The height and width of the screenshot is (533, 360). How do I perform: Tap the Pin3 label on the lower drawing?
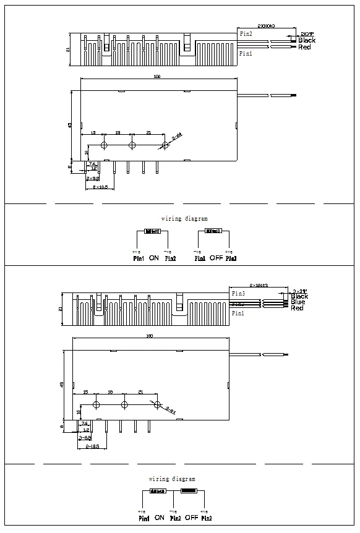tap(238, 292)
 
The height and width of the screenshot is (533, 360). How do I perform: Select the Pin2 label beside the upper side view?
tap(246, 35)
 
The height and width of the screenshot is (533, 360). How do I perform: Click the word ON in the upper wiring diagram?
tap(154, 257)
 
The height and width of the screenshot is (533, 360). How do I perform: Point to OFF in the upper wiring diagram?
tap(215, 257)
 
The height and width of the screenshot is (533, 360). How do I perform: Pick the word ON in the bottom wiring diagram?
tap(159, 517)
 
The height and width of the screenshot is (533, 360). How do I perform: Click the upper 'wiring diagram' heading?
tap(184, 218)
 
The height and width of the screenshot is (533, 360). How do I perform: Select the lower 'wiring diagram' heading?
tap(172, 479)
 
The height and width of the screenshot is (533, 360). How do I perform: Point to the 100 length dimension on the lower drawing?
tap(148, 336)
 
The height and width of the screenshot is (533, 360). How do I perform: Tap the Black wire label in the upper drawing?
tap(307, 40)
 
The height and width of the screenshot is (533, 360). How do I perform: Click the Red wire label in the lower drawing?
tap(297, 308)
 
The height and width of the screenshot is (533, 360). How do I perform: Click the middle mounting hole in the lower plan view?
tap(124, 404)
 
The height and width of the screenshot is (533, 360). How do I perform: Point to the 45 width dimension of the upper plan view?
tap(71, 125)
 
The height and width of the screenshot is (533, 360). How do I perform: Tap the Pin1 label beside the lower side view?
tap(238, 313)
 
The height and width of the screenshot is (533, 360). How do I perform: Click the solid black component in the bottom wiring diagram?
tap(188, 491)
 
